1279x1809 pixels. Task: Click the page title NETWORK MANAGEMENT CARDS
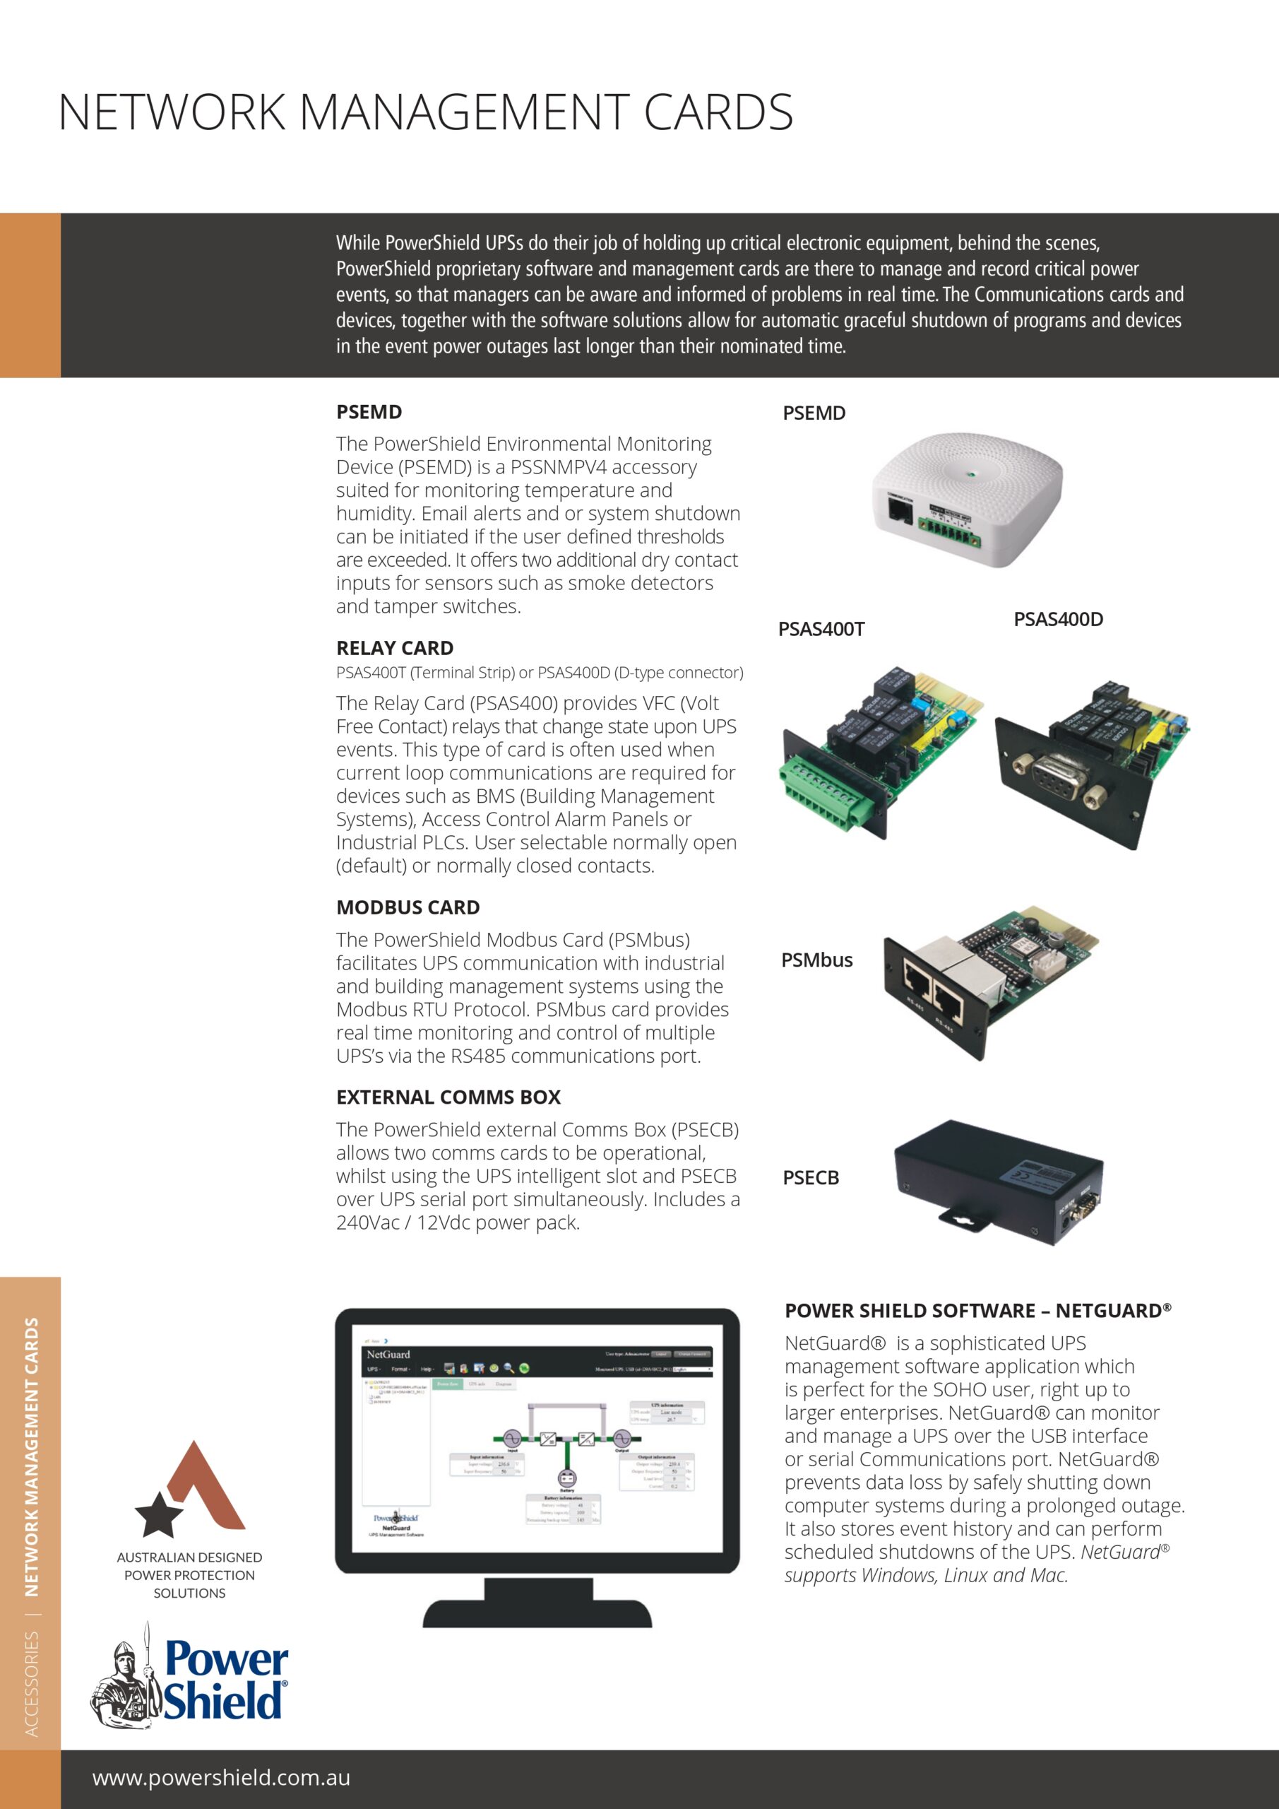point(425,112)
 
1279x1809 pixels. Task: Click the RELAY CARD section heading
point(395,648)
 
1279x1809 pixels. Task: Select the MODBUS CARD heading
point(408,907)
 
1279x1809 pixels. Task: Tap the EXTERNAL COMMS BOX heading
point(448,1097)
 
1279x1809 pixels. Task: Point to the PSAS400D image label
point(1058,619)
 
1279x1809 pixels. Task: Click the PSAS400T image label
point(821,629)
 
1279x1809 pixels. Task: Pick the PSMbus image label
point(816,960)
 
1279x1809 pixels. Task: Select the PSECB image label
point(810,1177)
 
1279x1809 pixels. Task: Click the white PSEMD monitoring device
point(967,496)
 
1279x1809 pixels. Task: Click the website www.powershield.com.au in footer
point(221,1777)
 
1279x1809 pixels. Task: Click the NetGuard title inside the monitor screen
point(388,1355)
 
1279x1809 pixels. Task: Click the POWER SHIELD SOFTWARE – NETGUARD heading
point(977,1310)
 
